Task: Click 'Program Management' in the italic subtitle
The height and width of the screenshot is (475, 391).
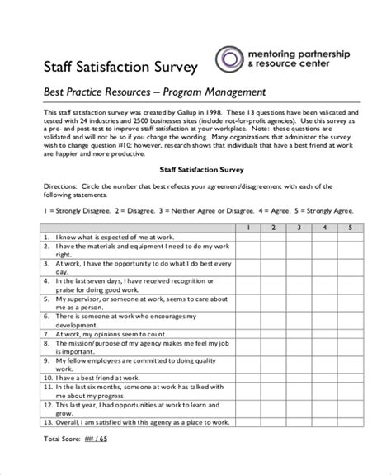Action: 221,92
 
